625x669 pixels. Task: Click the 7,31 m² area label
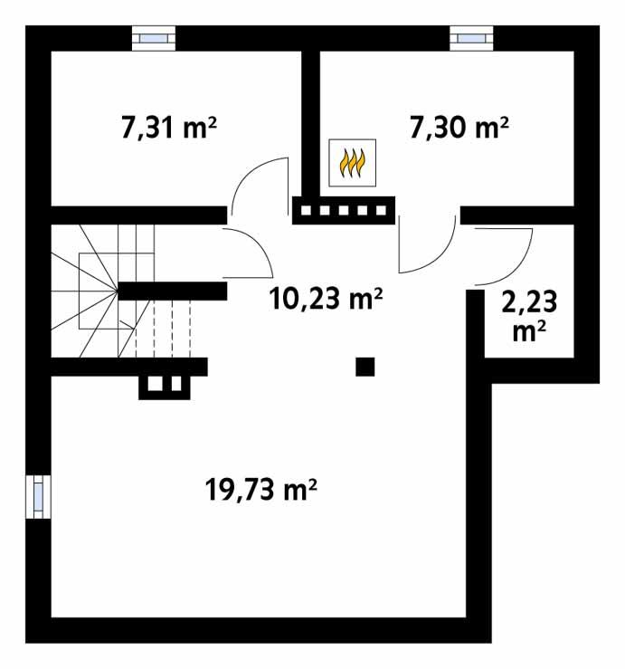pos(169,128)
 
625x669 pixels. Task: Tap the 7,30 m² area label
pos(459,128)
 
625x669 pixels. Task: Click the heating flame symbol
pos(351,164)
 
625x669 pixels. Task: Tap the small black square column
pos(365,366)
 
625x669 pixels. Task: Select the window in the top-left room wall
pos(156,38)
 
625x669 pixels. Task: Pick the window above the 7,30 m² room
pos(471,38)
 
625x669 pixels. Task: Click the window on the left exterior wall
pos(38,497)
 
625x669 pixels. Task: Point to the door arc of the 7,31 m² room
pos(257,182)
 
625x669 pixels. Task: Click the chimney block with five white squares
pos(343,211)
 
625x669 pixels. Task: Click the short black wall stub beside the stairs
pos(172,291)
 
